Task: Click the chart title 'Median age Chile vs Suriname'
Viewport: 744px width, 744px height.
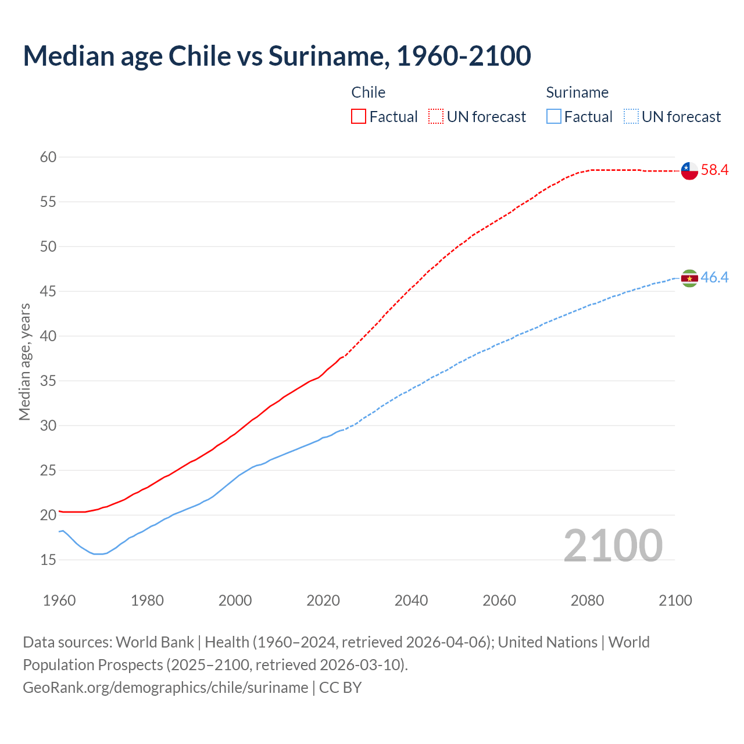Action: (x=277, y=56)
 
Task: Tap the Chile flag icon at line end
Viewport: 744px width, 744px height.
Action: (x=689, y=171)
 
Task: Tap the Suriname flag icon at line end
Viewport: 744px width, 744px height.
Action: (x=689, y=278)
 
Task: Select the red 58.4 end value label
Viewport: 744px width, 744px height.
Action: (x=714, y=170)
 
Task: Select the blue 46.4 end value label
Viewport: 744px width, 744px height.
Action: (x=714, y=278)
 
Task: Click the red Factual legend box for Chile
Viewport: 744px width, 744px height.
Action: (x=359, y=117)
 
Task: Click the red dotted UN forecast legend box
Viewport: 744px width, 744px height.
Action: (x=436, y=117)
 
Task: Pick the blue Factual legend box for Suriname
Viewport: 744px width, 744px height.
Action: (x=554, y=117)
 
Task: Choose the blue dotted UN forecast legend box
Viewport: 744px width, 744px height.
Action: (x=631, y=117)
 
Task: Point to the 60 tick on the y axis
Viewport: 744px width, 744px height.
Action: (x=49, y=157)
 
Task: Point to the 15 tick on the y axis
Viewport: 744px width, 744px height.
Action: (x=49, y=560)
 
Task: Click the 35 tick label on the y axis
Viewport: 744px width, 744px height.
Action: (x=49, y=381)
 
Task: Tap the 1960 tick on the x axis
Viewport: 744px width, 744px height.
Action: (x=59, y=600)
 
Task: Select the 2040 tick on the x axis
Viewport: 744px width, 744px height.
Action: (x=411, y=600)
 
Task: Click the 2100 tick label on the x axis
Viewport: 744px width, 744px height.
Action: (x=675, y=600)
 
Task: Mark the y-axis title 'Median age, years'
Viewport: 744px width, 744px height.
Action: (x=24, y=362)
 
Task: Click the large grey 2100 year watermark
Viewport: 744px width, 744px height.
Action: (x=613, y=545)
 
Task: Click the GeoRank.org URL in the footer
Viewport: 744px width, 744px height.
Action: (x=165, y=688)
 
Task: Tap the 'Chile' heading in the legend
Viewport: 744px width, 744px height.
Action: (x=369, y=92)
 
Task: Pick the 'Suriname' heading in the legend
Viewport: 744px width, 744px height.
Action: (x=577, y=92)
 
